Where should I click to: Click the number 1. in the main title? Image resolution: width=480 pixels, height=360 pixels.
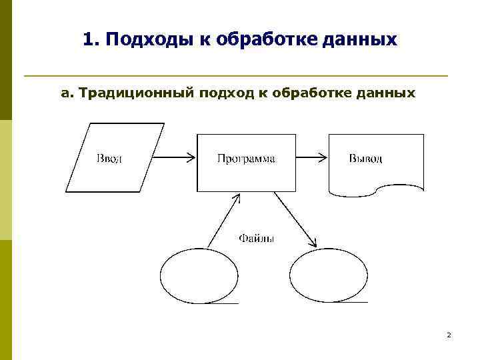(93, 40)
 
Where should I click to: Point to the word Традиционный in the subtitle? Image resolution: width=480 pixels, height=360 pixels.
(135, 93)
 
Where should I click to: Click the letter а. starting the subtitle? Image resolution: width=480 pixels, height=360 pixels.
(67, 93)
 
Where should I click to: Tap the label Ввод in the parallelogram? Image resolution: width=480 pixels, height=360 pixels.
(109, 159)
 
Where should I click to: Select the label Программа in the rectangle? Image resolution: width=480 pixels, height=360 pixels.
(246, 159)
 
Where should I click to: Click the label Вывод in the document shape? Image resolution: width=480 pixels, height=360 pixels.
(365, 159)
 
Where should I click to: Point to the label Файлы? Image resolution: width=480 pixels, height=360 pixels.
(256, 238)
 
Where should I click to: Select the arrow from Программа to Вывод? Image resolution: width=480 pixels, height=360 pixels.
(312, 158)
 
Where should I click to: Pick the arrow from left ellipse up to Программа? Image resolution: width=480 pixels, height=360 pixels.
(223, 220)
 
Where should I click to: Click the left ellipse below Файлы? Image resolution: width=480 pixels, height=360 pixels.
(198, 275)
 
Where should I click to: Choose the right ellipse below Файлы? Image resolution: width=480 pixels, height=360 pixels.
(329, 275)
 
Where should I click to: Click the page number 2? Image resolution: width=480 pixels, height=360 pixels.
(449, 335)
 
